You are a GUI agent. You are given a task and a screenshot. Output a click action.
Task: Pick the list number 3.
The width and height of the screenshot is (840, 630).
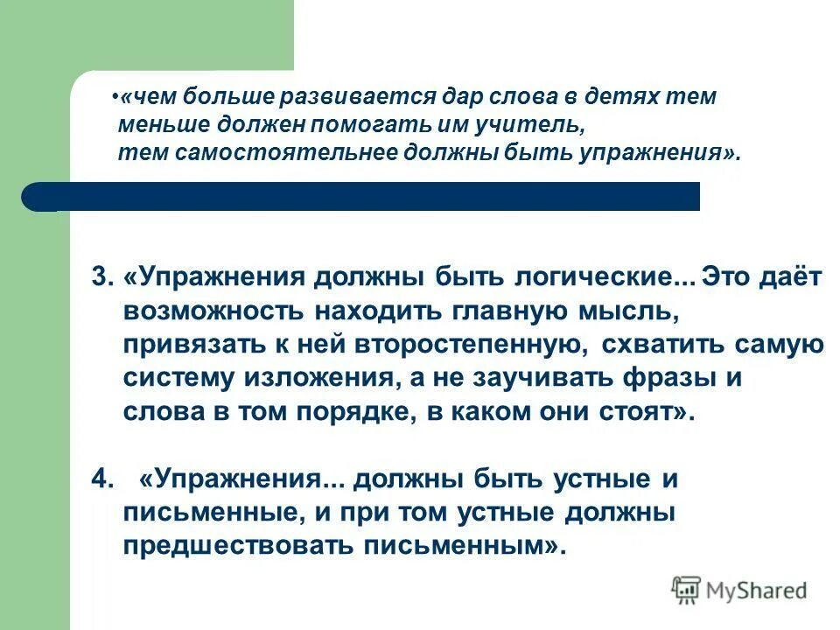pos(101,276)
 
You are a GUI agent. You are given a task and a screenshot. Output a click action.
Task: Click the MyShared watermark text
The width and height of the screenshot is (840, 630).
pos(757,591)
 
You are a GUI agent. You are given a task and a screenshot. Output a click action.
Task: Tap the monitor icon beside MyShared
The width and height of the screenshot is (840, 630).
pos(686,591)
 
